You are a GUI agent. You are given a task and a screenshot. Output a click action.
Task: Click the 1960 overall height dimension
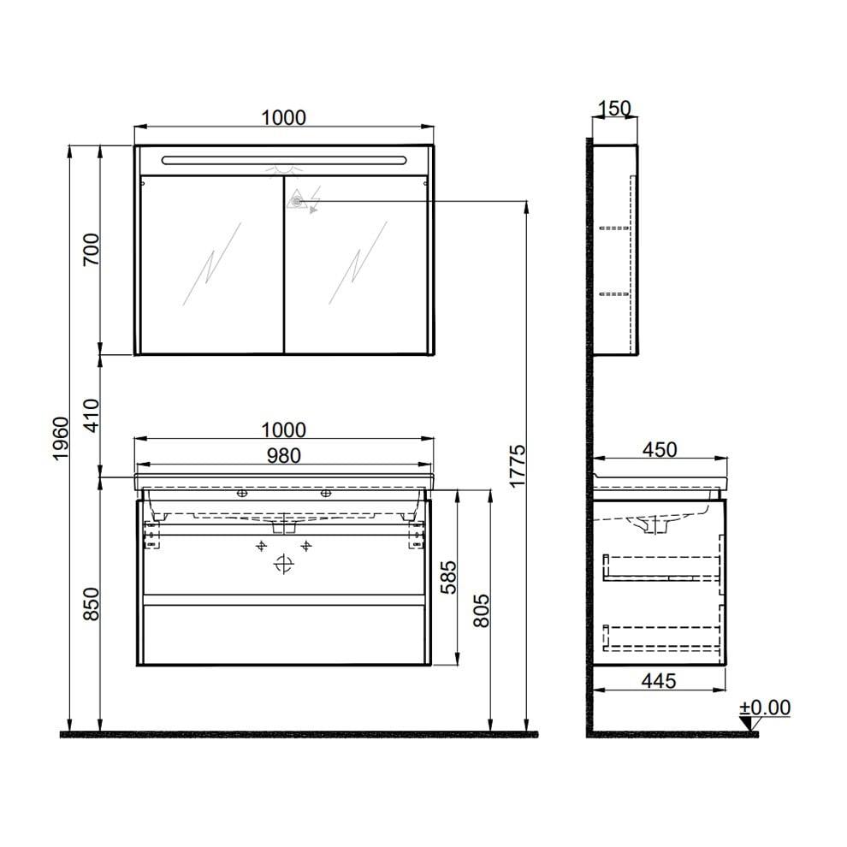click(59, 440)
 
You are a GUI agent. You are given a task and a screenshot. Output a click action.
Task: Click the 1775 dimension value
click(517, 467)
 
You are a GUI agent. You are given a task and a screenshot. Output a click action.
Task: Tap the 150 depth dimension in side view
click(614, 108)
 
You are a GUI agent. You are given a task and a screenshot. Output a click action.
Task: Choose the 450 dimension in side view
click(659, 449)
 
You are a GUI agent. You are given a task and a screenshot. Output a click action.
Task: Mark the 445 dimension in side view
click(659, 680)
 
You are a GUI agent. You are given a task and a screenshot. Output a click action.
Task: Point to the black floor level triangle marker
click(750, 725)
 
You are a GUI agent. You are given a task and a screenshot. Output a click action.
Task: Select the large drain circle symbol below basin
click(283, 565)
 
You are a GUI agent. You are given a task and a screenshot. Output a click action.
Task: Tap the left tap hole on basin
click(242, 494)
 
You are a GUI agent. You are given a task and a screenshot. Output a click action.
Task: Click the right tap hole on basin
click(325, 494)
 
